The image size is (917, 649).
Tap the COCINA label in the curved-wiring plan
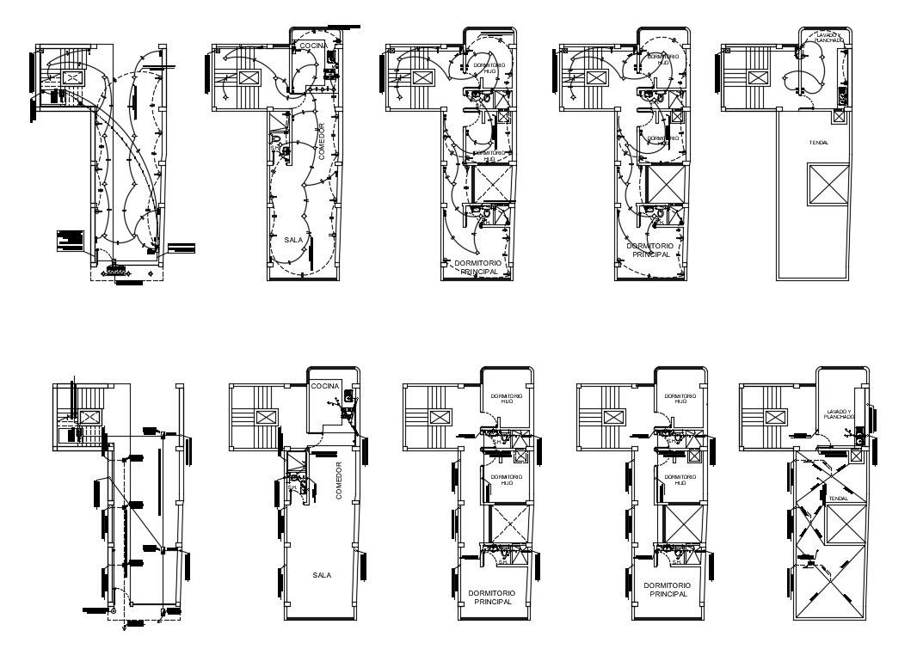(x=311, y=45)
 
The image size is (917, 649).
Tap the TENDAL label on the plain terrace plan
(x=818, y=143)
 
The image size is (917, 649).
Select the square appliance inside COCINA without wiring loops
(x=348, y=397)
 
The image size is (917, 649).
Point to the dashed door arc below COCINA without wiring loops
(x=319, y=440)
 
